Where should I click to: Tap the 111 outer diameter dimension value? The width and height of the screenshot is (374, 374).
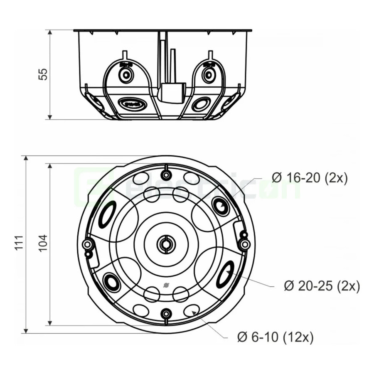[19, 243]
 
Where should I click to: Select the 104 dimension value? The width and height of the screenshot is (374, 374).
[43, 244]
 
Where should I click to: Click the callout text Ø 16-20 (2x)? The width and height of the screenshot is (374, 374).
[309, 178]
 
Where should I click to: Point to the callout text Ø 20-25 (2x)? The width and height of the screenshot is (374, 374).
[322, 285]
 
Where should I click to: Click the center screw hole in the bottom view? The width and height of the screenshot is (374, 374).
[165, 244]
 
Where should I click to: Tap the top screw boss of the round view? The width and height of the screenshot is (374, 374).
[165, 175]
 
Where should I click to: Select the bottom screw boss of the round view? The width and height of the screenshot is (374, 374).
[167, 313]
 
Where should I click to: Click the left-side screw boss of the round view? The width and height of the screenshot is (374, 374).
[87, 244]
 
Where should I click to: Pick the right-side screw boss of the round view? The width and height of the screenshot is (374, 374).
[245, 244]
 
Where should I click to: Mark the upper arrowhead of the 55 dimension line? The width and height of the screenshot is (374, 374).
[50, 32]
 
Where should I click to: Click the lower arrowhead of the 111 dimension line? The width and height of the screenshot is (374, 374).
[26, 331]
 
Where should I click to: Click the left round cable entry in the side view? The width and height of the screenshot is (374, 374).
[125, 75]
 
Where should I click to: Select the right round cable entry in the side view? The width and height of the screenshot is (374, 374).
[208, 75]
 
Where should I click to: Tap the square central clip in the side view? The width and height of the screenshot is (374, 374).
[173, 93]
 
